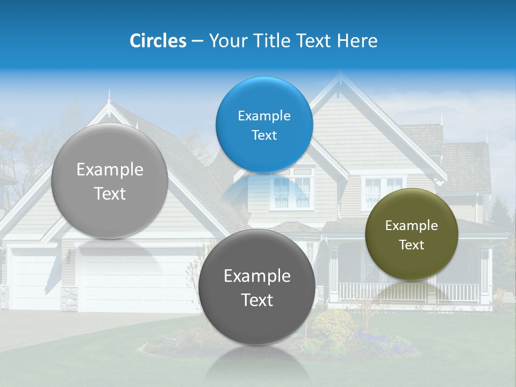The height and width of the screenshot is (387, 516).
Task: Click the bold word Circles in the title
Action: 157,41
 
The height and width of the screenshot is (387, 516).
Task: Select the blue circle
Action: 264,125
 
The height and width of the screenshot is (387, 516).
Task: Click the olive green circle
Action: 411,234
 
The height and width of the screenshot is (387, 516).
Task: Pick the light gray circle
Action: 110,181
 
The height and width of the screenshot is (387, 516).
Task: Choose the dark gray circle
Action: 257,287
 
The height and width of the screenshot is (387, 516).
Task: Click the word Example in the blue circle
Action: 264,116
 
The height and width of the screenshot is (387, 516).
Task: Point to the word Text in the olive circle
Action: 412,245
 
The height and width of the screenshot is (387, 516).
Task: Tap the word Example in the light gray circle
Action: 110,170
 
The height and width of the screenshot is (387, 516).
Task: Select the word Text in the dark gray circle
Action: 257,300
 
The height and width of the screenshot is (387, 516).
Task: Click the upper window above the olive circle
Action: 383,186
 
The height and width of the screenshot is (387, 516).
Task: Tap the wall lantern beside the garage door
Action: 69,255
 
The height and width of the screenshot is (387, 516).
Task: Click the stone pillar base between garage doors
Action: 69,298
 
